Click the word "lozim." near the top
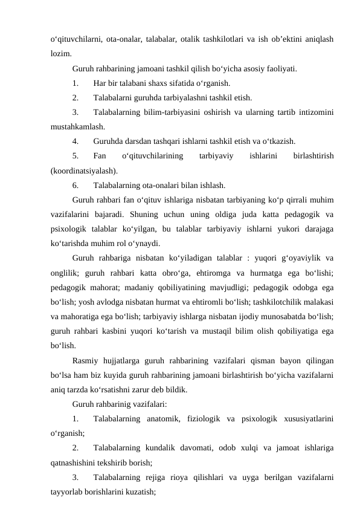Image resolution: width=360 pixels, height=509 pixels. (x=61, y=53)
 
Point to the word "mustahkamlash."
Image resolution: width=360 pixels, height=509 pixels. (x=77, y=127)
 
